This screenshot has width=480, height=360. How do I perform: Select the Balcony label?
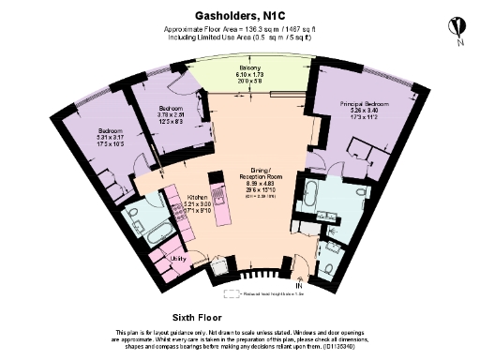[249, 68]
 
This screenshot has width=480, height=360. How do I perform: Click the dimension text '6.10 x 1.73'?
[249, 75]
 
